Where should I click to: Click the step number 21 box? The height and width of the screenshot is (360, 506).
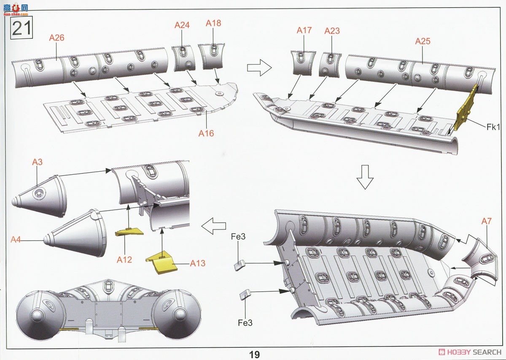[x=21, y=27]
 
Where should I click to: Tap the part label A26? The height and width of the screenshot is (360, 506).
[x=57, y=38]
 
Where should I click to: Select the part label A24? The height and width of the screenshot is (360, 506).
[x=182, y=25]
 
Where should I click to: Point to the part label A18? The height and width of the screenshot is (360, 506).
[x=213, y=23]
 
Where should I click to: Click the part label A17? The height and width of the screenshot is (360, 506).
[x=304, y=30]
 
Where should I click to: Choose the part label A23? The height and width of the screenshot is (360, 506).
[x=332, y=31]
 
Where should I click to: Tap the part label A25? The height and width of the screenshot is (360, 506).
[x=423, y=41]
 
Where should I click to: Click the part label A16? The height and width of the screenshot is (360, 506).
[x=206, y=133]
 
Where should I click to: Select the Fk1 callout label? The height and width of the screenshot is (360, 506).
[x=493, y=127]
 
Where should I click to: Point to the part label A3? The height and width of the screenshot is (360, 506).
[x=37, y=162]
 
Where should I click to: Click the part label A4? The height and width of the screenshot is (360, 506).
[x=16, y=239]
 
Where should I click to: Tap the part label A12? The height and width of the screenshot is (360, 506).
[x=124, y=260]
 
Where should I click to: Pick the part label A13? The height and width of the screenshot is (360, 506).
[x=198, y=263]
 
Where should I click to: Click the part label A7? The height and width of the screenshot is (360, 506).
[x=486, y=221]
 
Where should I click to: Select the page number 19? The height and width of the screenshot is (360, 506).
[x=255, y=355]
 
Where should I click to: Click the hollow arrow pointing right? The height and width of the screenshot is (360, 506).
[x=259, y=68]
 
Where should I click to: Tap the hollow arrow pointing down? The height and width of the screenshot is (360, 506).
[x=365, y=177]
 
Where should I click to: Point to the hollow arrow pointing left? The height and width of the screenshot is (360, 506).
[x=213, y=226]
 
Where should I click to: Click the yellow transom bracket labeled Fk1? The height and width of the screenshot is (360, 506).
[x=467, y=108]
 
